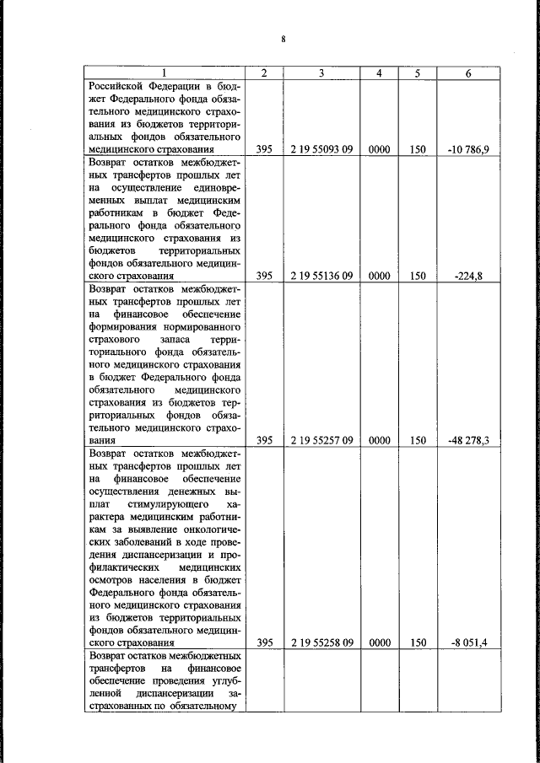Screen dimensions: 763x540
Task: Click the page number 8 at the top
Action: (284, 39)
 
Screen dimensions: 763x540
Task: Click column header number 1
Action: (165, 73)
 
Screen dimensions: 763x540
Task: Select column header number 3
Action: (321, 73)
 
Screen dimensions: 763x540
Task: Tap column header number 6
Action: (468, 73)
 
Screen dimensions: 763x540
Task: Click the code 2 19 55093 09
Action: (321, 149)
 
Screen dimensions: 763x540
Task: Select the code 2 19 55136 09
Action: (321, 275)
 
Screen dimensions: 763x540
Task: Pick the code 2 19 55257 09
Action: (321, 439)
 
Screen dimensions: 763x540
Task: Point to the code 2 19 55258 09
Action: (321, 642)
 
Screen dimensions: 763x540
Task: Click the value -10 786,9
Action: (468, 149)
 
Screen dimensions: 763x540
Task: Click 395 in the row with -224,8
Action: (264, 275)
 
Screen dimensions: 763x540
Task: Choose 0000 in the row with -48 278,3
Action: (380, 439)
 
